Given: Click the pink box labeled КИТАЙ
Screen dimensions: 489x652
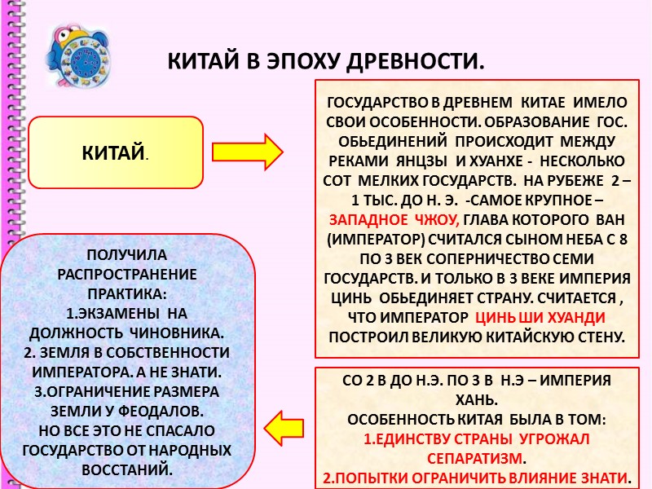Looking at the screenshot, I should [115, 152].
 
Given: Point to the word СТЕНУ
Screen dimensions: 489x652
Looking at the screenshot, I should [600, 337].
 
